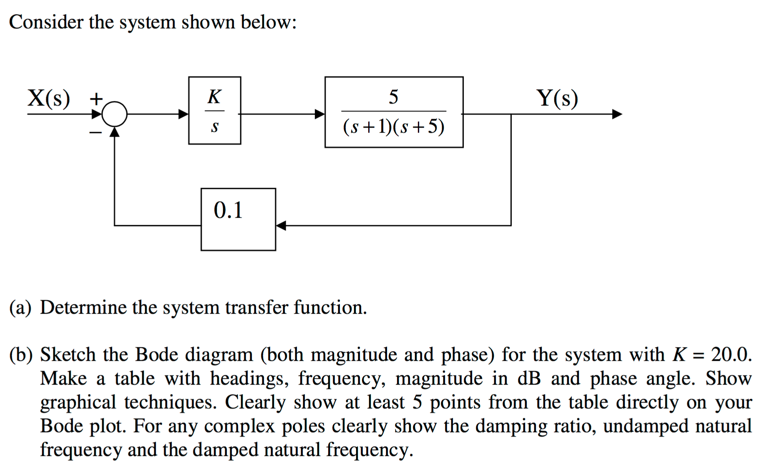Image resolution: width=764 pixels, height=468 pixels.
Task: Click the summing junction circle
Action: tap(114, 114)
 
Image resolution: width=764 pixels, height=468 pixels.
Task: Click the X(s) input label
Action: tap(49, 98)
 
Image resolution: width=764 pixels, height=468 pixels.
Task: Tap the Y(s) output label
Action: tap(557, 98)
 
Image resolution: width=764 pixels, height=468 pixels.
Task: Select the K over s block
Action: tap(214, 111)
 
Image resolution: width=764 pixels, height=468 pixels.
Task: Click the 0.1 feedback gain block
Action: tap(238, 219)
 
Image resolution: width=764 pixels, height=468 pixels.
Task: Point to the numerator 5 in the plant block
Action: tap(393, 97)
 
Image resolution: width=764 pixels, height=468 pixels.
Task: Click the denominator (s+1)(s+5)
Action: tap(394, 126)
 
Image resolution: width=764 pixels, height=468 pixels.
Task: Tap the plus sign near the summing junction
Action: tap(96, 99)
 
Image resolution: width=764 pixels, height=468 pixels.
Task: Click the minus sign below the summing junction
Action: tap(95, 133)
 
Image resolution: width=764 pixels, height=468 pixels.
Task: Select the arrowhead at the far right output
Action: tap(617, 114)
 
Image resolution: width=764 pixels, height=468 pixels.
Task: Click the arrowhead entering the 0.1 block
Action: tap(281, 226)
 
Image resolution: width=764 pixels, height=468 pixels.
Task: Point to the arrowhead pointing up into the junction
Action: tap(115, 132)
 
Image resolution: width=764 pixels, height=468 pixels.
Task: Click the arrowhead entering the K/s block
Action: tap(183, 114)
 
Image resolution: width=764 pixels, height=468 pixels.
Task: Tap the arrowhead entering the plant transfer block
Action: tap(319, 114)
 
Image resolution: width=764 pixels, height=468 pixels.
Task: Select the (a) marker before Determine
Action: tap(20, 308)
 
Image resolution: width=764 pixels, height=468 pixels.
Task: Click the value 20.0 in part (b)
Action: tap(731, 355)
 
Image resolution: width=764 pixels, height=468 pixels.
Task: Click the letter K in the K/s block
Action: tap(214, 97)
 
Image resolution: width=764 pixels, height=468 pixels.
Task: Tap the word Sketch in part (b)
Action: tap(68, 355)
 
